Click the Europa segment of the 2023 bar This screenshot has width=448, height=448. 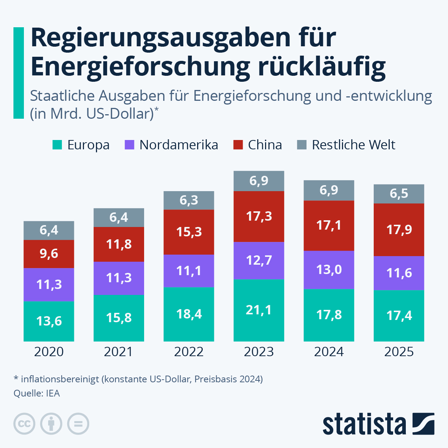tap(259, 310)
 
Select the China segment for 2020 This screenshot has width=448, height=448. tap(49, 254)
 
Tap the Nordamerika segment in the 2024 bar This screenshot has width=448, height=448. tap(329, 270)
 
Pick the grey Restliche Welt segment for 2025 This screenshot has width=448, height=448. tap(399, 194)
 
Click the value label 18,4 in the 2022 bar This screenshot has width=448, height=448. tap(189, 314)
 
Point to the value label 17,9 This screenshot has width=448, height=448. tap(399, 230)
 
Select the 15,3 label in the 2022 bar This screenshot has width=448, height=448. tap(189, 232)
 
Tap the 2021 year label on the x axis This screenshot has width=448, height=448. tap(118, 352)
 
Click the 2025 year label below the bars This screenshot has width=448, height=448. tap(399, 352)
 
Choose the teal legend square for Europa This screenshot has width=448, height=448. tap(57, 145)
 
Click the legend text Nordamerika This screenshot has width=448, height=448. tap(178, 145)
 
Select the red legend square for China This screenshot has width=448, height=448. tap(238, 145)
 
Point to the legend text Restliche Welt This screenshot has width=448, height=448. tap(353, 145)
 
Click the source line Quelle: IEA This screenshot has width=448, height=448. tap(37, 393)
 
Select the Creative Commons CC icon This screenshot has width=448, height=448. tap(24, 424)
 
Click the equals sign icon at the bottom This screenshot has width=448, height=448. tap(78, 424)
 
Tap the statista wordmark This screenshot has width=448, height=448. tap(364, 424)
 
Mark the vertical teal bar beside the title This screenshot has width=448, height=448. tap(18, 73)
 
